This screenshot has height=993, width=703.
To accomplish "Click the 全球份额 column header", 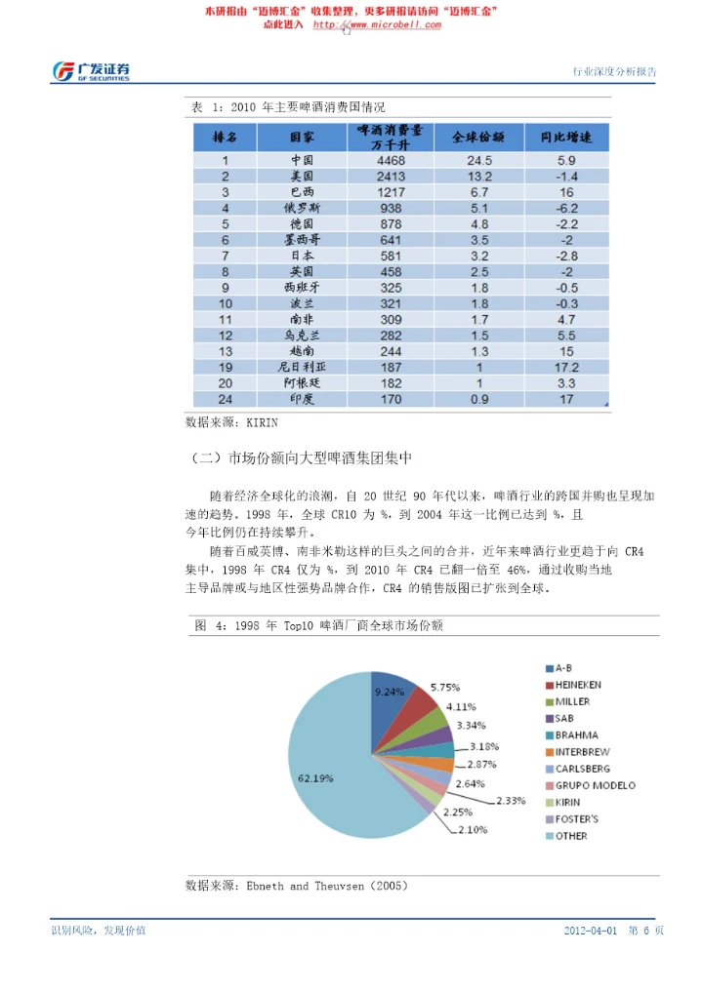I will pyautogui.click(x=479, y=136).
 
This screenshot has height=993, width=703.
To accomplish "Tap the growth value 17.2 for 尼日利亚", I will pyautogui.click(x=566, y=368).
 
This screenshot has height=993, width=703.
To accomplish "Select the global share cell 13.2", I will pyautogui.click(x=479, y=177).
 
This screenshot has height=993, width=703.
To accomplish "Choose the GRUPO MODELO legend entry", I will pyautogui.click(x=595, y=785).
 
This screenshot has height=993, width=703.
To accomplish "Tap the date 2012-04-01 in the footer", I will pyautogui.click(x=590, y=931).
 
